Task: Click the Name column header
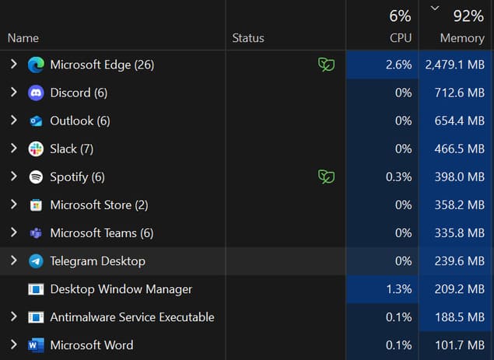pos(23,38)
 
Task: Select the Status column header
pos(248,38)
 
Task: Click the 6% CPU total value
pos(400,16)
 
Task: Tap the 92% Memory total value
pos(468,16)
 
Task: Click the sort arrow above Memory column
pos(435,9)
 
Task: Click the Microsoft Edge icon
pos(36,65)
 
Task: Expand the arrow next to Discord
pos(13,93)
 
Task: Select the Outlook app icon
pos(36,121)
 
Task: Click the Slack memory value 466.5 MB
pos(459,149)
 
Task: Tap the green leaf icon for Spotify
pos(327,177)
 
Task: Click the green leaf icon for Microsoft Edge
pos(327,65)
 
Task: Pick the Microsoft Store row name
pos(99,205)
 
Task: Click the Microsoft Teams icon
pos(36,233)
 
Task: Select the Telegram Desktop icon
pos(36,261)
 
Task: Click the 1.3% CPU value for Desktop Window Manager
pos(399,289)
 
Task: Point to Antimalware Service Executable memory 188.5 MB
pos(460,317)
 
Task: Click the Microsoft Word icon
pos(36,345)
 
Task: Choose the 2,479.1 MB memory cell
pos(454,65)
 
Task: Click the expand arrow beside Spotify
pos(13,177)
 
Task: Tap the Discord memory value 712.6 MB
pos(459,93)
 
